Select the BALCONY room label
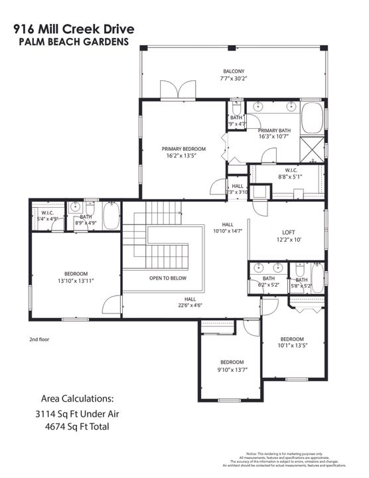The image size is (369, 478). click(234, 72)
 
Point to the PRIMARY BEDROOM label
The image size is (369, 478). click(184, 149)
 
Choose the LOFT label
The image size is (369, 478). click(288, 232)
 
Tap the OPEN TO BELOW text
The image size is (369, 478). click(167, 278)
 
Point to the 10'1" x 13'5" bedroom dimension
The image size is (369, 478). click(293, 346)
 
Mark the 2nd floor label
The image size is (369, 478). click(39, 339)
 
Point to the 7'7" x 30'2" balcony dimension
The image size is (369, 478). click(234, 78)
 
